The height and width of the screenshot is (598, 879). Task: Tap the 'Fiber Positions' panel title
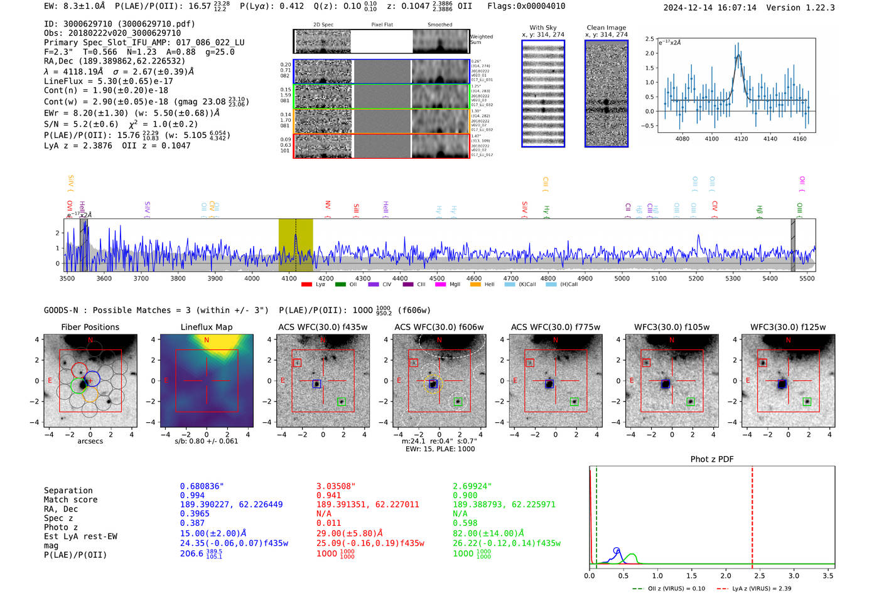tap(90, 327)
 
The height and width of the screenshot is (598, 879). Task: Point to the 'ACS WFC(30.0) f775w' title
tap(555, 327)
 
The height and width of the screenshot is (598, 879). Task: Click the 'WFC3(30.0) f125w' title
tap(788, 327)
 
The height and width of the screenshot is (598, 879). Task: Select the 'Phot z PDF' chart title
tap(712, 459)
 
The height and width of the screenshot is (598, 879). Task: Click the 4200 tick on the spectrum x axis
tap(326, 279)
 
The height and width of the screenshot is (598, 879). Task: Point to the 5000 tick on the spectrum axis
tap(622, 279)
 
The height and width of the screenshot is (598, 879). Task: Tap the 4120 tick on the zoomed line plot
tap(741, 139)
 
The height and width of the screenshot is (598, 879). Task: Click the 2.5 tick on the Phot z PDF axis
tap(760, 575)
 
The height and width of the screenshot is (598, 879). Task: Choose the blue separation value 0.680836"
tap(202, 486)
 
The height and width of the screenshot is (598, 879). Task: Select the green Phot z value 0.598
tap(465, 523)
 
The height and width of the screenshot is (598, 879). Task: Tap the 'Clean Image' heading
tap(606, 28)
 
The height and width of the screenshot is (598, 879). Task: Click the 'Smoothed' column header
tap(439, 24)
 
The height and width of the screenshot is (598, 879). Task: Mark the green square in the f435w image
tap(342, 402)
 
